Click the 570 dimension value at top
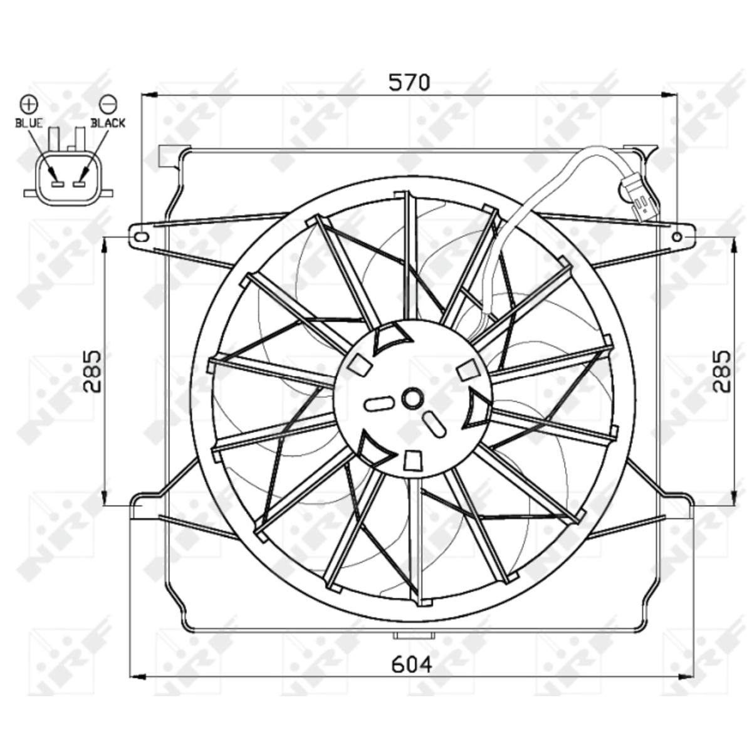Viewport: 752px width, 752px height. [x=409, y=82]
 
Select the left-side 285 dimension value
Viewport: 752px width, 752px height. [x=93, y=371]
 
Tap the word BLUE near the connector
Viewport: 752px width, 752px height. [x=29, y=123]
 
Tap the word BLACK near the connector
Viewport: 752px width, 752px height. [x=108, y=123]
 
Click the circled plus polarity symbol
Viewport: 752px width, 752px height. [x=29, y=104]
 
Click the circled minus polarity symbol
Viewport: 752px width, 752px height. [x=108, y=104]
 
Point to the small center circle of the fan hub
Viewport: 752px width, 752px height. [x=412, y=399]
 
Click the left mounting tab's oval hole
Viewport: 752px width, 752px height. [x=140, y=237]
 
